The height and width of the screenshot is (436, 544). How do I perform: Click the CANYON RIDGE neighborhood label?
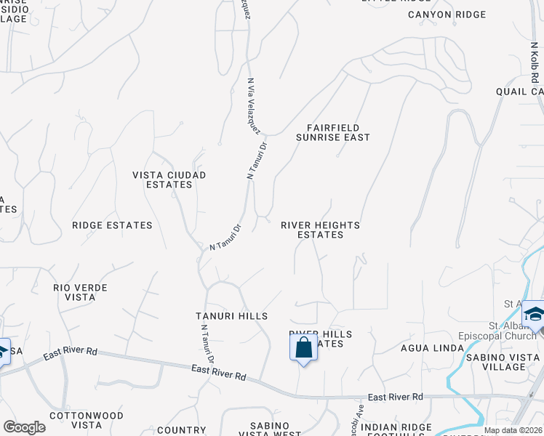tap(447, 15)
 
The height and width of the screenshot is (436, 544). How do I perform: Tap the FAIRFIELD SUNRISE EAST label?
tap(333, 132)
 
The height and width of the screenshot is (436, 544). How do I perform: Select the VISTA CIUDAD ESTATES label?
tap(169, 179)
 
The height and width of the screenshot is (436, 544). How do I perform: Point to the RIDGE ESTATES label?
tap(112, 225)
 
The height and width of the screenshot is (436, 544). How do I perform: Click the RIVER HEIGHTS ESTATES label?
tap(321, 230)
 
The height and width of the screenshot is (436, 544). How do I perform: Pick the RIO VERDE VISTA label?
tap(80, 293)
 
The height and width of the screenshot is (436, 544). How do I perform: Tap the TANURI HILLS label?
tap(232, 316)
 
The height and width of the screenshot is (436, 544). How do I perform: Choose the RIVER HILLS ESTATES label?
tap(321, 339)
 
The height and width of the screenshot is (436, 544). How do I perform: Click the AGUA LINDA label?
tap(432, 348)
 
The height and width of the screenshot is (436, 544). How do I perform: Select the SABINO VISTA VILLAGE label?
tap(515, 360)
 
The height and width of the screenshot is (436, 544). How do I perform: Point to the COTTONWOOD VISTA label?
tap(76, 419)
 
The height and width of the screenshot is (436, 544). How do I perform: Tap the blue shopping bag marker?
tap(303, 347)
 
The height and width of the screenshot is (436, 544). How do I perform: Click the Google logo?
tap(24, 427)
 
